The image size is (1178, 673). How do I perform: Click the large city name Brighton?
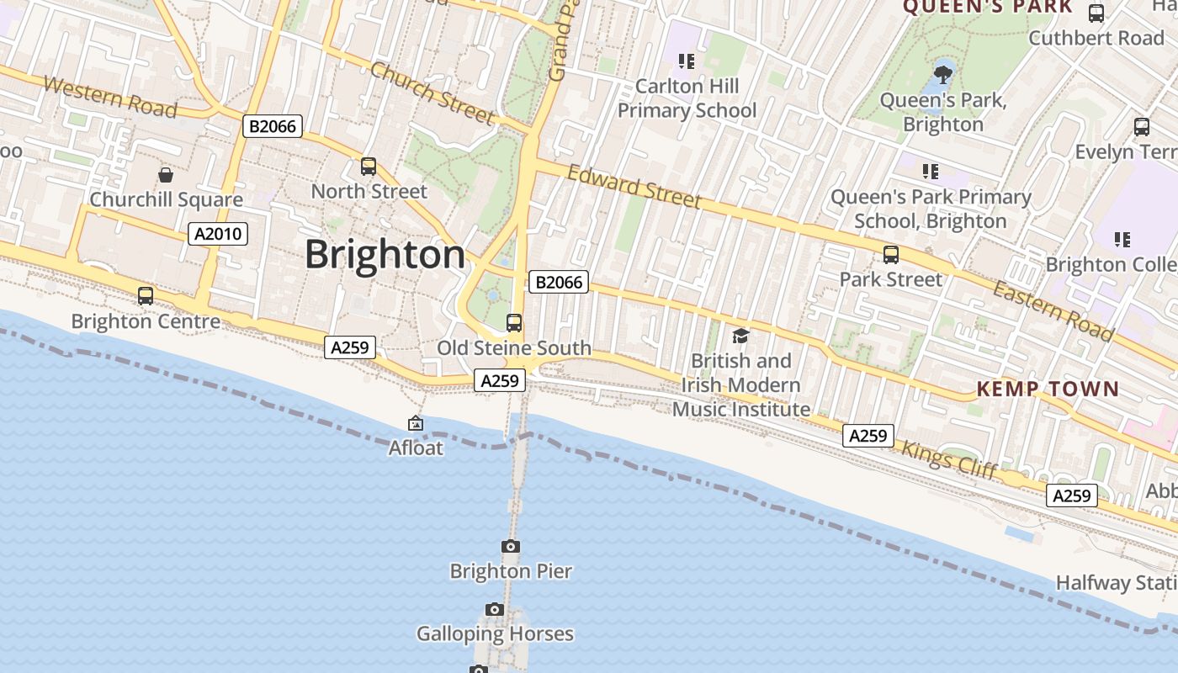[x=385, y=254]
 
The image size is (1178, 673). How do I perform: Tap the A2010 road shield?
[x=218, y=234]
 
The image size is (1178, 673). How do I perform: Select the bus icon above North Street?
[x=369, y=167]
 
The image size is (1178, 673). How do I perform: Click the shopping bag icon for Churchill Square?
[x=166, y=175]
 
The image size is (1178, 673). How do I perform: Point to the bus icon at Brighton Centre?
[x=146, y=296]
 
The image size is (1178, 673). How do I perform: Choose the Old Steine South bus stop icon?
[x=513, y=323]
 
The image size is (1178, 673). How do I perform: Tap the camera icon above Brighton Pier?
[x=511, y=547]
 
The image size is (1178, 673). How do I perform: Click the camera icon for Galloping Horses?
[x=495, y=609]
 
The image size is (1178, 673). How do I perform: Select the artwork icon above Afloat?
[x=416, y=423]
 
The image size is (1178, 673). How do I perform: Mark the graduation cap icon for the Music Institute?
[x=740, y=336]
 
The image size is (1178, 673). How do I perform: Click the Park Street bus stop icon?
[x=891, y=255]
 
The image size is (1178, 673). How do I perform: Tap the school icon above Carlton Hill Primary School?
[x=687, y=61]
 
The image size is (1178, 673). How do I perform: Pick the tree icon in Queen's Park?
[x=943, y=73]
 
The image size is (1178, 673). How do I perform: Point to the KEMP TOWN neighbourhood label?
[x=1048, y=389]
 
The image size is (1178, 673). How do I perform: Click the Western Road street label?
[x=109, y=97]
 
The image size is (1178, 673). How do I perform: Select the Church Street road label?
[x=431, y=93]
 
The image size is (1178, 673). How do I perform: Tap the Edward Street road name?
[x=634, y=186]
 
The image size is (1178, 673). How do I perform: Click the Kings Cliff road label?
[x=949, y=459]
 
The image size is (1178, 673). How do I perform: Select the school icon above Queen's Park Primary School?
[x=931, y=172]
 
